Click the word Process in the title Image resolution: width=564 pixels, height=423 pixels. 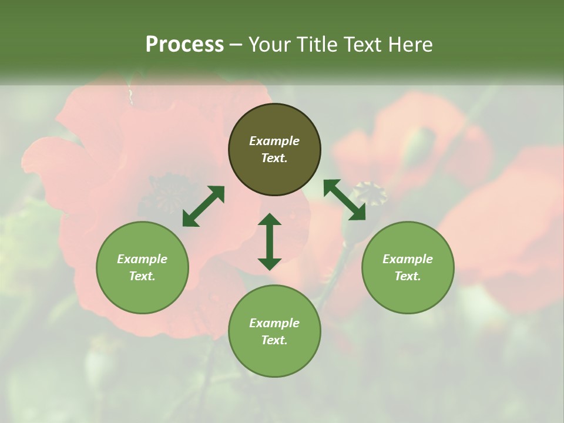point(184,45)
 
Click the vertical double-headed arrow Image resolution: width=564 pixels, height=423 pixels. point(270,241)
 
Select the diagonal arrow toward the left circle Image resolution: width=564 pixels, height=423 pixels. point(203,206)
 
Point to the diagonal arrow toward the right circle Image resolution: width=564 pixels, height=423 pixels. point(344,200)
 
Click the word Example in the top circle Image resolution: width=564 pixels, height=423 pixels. point(274,141)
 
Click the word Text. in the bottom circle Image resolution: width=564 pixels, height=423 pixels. point(274,340)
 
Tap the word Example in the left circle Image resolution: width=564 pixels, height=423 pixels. point(142,259)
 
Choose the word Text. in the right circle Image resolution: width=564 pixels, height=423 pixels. point(408,276)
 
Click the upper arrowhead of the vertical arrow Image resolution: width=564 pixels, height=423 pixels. point(270,220)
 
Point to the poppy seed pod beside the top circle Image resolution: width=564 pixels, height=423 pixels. point(369,192)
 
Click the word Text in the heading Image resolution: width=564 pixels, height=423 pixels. point(362,45)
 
